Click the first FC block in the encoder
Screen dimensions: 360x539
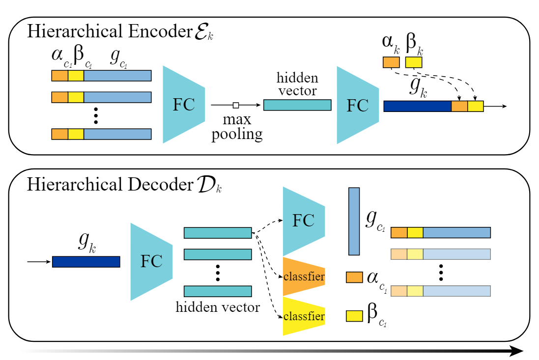pyautogui.click(x=183, y=105)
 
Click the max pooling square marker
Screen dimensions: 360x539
pyautogui.click(x=236, y=105)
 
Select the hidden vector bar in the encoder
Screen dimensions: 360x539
pyautogui.click(x=297, y=105)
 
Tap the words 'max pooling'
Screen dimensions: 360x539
pyautogui.click(x=237, y=127)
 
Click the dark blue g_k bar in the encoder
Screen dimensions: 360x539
pyautogui.click(x=417, y=106)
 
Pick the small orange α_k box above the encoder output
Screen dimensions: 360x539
pyautogui.click(x=391, y=62)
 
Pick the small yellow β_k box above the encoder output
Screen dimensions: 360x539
pyautogui.click(x=413, y=62)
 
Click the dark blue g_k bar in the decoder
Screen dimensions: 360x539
pyautogui.click(x=86, y=262)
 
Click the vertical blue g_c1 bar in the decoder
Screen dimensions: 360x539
pyautogui.click(x=354, y=221)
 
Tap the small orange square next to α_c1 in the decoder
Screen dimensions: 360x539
pyautogui.click(x=354, y=277)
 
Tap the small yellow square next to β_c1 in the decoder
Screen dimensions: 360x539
pyautogui.click(x=354, y=315)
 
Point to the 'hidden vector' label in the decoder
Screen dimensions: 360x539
pyautogui.click(x=218, y=308)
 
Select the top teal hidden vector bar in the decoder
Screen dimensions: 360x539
pyautogui.click(x=218, y=233)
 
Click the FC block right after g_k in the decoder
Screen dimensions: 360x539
pyautogui.click(x=151, y=262)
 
